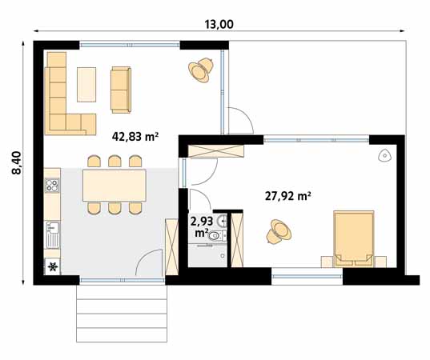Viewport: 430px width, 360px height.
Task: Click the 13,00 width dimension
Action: click(x=219, y=24)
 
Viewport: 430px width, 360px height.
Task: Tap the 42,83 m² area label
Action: click(x=135, y=137)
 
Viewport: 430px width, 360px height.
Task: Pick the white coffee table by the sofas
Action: click(x=86, y=84)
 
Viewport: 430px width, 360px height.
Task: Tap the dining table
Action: click(x=114, y=184)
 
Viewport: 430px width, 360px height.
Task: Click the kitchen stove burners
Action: click(x=53, y=186)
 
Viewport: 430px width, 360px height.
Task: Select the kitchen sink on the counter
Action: click(x=53, y=236)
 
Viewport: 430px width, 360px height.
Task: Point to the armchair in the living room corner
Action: click(x=200, y=71)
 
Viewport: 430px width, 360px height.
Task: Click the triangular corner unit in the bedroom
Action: click(x=384, y=154)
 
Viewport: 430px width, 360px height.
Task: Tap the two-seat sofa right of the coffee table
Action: click(x=120, y=87)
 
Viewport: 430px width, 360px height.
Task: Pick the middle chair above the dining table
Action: click(x=114, y=162)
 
